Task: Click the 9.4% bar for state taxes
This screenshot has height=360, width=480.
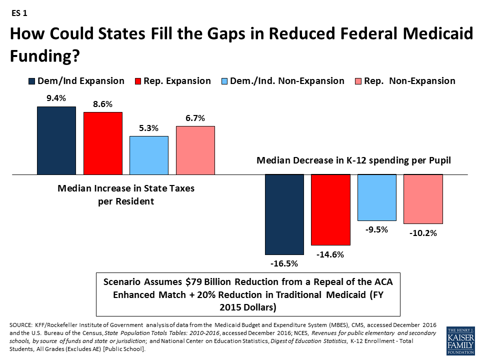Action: pyautogui.click(x=56, y=140)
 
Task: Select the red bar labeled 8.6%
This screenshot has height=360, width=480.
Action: pyautogui.click(x=102, y=143)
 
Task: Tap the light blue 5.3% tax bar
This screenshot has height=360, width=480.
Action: pyautogui.click(x=149, y=155)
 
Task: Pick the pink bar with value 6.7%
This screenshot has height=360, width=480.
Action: pyautogui.click(x=195, y=150)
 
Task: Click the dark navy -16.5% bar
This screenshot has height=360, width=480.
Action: pyautogui.click(x=284, y=214)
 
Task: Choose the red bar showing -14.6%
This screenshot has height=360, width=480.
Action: pyautogui.click(x=331, y=210)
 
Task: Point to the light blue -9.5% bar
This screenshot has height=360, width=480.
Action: pyautogui.click(x=377, y=197)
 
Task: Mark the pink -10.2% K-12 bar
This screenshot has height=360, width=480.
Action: pyautogui.click(x=423, y=199)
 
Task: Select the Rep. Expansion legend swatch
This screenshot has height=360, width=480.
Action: pyautogui.click(x=138, y=81)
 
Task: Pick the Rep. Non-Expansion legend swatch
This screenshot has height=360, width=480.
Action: pyautogui.click(x=357, y=81)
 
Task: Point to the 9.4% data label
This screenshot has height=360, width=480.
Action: pyautogui.click(x=56, y=98)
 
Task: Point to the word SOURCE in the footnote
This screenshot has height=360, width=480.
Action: pyautogui.click(x=22, y=325)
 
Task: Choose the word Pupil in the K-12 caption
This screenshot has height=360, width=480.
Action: pyautogui.click(x=439, y=161)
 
